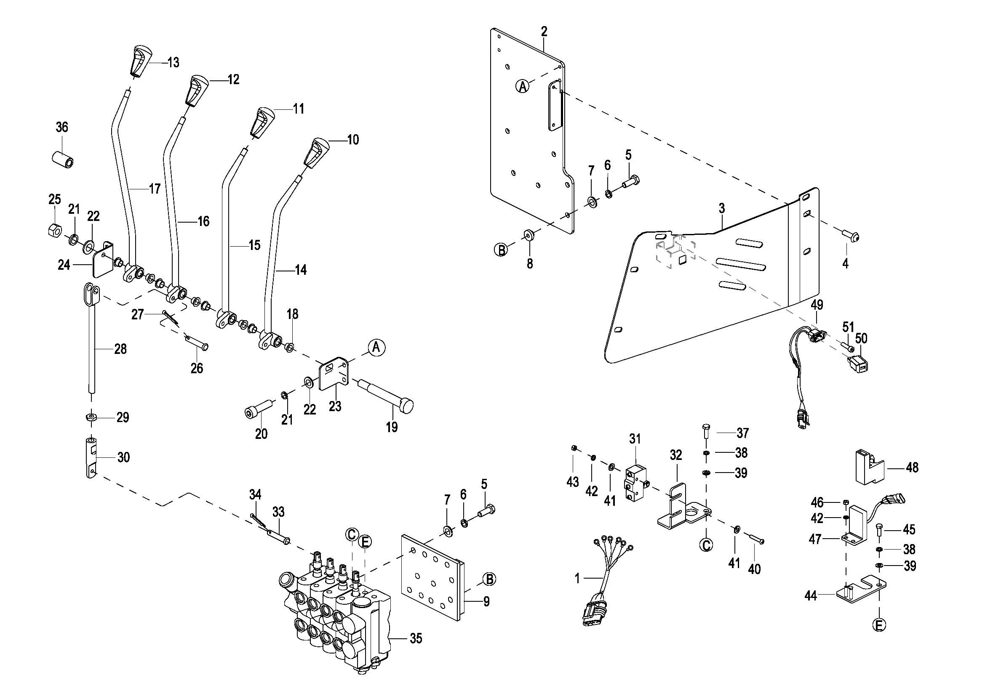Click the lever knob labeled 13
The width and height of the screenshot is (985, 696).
tap(139, 61)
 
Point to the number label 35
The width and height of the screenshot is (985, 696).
tap(416, 638)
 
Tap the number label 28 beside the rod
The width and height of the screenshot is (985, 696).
tap(120, 349)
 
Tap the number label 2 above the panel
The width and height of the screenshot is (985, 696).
tap(544, 32)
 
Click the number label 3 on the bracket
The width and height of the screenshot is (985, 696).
tap(722, 209)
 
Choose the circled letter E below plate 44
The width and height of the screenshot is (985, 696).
tap(879, 625)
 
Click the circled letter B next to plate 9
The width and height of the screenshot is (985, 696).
tap(488, 579)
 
